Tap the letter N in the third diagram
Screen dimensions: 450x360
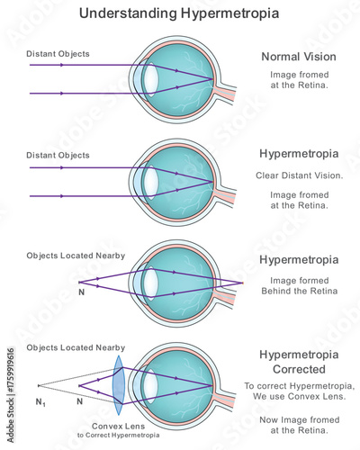tap(84, 292)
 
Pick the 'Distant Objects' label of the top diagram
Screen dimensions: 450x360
tap(58, 54)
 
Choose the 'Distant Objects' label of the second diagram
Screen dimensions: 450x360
tap(58, 156)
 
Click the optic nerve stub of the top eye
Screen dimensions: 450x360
tap(228, 92)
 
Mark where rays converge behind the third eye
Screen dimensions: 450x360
tap(242, 283)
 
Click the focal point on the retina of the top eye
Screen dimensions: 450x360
tap(213, 80)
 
